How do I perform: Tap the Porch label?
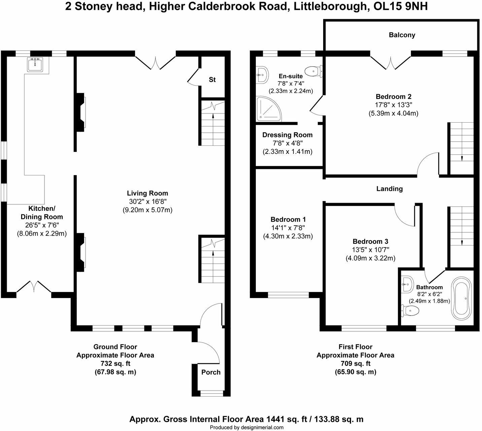pyautogui.click(x=211, y=372)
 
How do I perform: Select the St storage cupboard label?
pyautogui.click(x=212, y=80)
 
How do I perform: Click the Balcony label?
pyautogui.click(x=402, y=35)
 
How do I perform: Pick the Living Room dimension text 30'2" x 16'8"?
pyautogui.click(x=147, y=202)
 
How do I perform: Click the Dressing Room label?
pyautogui.click(x=287, y=135)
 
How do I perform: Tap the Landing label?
pyautogui.click(x=389, y=189)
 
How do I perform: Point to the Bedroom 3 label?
pyautogui.click(x=370, y=241)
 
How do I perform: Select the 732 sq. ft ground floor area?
pyautogui.click(x=115, y=364)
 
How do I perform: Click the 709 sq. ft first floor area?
pyautogui.click(x=355, y=364)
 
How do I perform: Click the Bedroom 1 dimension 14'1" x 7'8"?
pyautogui.click(x=288, y=228)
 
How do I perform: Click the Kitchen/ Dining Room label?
pyautogui.click(x=42, y=212)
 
